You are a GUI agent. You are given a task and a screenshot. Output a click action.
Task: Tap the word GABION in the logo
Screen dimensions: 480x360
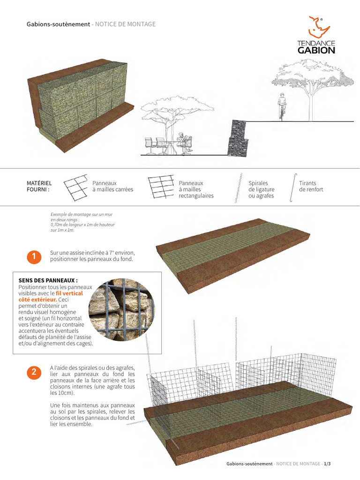pos(316,50)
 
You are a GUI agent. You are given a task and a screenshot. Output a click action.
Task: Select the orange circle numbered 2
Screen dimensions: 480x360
pos(34,373)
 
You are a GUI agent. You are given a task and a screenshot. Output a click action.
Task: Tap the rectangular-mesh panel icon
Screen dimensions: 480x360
pos(160,186)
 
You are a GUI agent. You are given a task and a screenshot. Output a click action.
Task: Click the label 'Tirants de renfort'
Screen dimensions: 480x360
pos(311,186)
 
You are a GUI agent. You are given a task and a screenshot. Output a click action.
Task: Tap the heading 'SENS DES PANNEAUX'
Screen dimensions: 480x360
pos(48,280)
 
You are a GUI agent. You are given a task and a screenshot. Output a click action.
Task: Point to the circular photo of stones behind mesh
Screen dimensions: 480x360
pos(122,311)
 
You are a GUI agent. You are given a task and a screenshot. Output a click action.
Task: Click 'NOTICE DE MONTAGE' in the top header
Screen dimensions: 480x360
pos(125,24)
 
